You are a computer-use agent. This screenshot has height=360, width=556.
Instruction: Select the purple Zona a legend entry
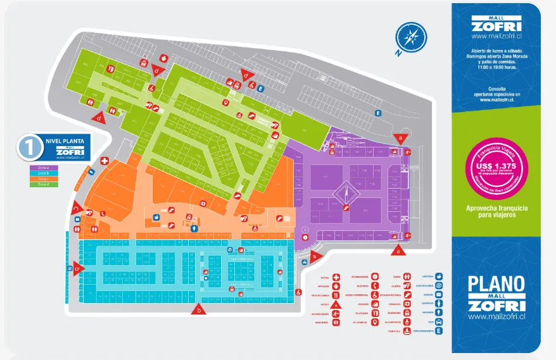tap(44, 168)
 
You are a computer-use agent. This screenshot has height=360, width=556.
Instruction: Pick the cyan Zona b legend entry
tap(44, 173)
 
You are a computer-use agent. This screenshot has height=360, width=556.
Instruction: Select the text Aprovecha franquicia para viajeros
tap(496, 211)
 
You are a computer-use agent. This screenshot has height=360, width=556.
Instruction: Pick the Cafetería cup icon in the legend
tap(439, 276)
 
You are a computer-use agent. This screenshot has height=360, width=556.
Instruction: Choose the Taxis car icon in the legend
tap(439, 321)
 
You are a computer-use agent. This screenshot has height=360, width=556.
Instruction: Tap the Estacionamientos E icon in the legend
tap(439, 331)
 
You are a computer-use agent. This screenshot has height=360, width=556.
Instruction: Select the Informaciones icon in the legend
tap(375, 276)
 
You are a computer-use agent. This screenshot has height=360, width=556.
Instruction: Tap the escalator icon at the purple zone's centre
tap(346, 206)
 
